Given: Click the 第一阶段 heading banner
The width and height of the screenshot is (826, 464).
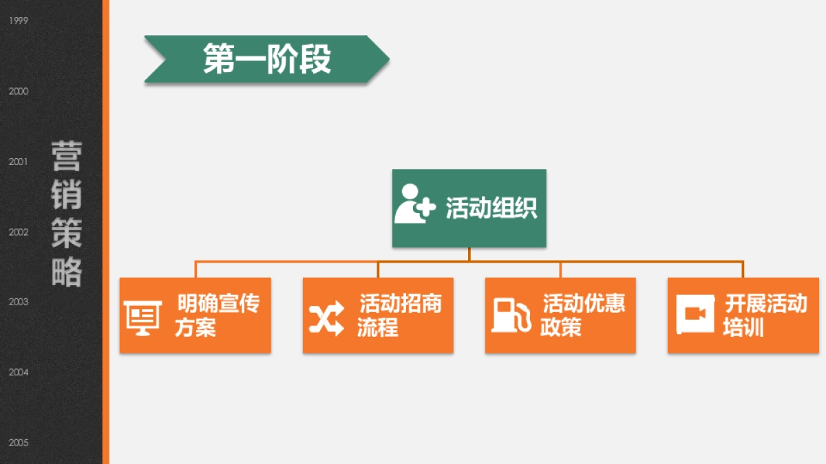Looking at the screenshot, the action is pos(267,59).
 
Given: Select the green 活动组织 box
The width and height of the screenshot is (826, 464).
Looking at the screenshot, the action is pos(469,208).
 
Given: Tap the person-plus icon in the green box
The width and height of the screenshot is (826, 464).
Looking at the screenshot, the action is pos(415,204).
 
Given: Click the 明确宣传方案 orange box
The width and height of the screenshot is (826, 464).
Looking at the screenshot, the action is pos(195,316).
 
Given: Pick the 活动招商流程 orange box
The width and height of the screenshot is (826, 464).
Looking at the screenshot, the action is pos(378,316).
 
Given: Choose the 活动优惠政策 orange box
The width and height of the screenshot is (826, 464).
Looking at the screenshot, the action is pos(560,316).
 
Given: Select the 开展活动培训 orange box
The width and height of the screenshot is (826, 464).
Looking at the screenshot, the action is pos(743,316).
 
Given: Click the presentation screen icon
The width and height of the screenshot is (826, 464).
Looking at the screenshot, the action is pos(142,318).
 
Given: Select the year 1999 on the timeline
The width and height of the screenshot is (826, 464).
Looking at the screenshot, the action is pos(19,21).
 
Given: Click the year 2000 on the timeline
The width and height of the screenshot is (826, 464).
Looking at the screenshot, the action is pos(19,91).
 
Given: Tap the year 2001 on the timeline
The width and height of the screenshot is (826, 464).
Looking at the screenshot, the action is pos(19,162).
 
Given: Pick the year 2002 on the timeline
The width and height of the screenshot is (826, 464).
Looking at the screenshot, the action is pos(19,232).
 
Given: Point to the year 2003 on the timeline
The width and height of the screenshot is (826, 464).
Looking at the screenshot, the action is pos(19,302).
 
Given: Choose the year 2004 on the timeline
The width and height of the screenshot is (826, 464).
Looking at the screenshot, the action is pos(19,373).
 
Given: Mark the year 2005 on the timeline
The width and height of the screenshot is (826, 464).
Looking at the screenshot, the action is pos(19,443).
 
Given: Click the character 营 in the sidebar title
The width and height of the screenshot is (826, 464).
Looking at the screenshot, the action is pos(67,157).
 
